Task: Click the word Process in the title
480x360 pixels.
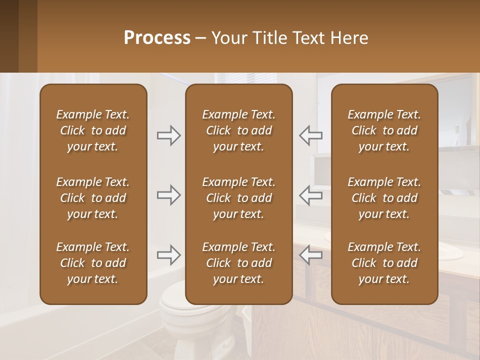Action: coord(157,38)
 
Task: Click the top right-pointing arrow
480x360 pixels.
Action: coord(168,135)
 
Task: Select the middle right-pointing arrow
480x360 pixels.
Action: coord(168,195)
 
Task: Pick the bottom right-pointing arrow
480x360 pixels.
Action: coord(168,255)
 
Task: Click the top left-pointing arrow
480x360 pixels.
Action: coord(311,135)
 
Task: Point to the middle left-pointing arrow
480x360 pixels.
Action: coord(311,195)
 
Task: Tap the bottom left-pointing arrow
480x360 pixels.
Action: coord(311,255)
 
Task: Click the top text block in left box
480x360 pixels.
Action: coord(93,130)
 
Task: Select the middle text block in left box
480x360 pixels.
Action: coord(93,198)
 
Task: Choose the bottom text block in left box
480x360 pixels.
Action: coord(93,263)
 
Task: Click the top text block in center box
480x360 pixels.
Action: coord(238,130)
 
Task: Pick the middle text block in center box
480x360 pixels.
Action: coord(238,198)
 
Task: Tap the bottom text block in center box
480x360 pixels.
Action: coord(238,263)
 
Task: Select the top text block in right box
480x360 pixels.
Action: coord(384,130)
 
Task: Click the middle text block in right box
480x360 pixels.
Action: coord(384,198)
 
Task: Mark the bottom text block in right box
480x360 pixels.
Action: coord(384,263)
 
